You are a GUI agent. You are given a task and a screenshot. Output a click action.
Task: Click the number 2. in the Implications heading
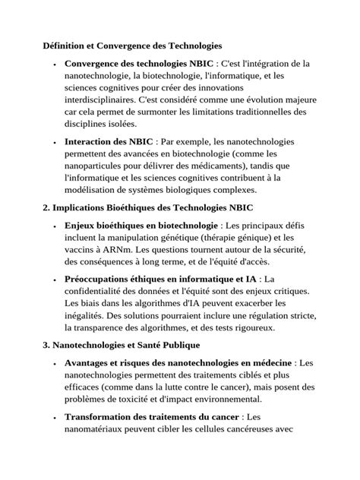(46, 207)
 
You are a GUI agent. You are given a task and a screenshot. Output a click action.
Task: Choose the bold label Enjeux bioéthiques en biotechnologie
(141, 226)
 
